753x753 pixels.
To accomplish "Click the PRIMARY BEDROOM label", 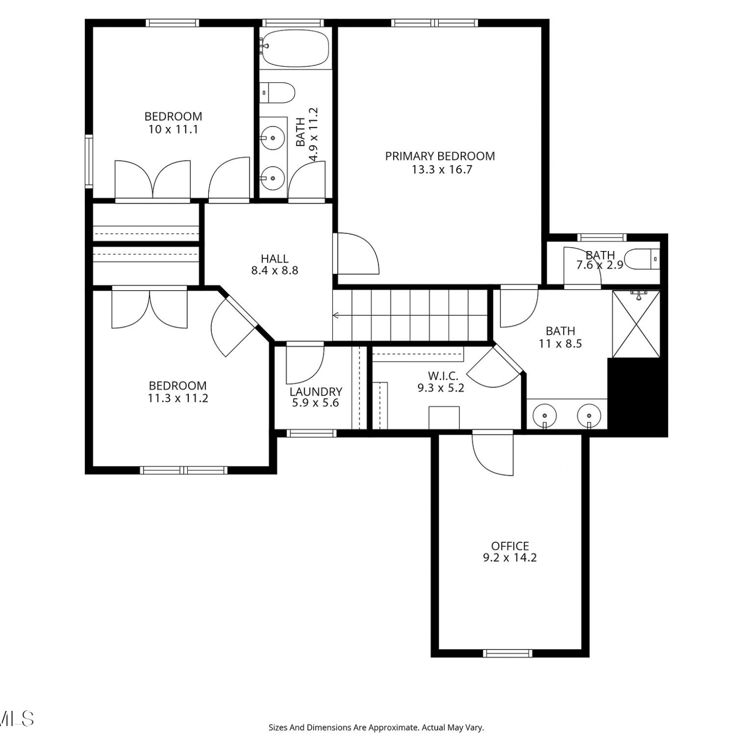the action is (440, 156).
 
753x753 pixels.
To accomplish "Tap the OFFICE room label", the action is (510, 546).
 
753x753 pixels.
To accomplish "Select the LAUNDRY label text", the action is (316, 392).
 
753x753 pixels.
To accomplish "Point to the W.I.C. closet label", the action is (443, 376).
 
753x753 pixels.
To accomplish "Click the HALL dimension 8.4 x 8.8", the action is (275, 271).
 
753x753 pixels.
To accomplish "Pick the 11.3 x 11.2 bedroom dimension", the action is (178, 399).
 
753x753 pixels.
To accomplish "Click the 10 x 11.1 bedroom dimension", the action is (173, 130).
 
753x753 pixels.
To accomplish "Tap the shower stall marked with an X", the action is (636, 324).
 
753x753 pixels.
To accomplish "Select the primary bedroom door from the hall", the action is (356, 254).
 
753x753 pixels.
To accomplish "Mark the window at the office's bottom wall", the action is (507, 653).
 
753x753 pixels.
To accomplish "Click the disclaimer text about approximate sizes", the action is (376, 727).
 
